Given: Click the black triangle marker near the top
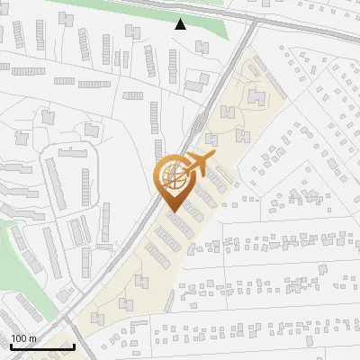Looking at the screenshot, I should pos(181,24).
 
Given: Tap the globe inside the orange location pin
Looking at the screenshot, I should pos(174,177).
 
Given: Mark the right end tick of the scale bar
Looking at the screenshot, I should pos(74,346).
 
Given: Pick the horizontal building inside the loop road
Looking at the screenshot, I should pos(77,150).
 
